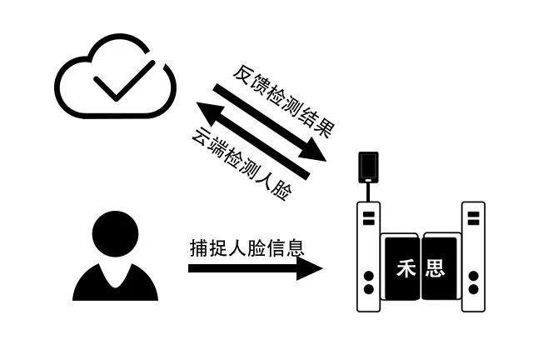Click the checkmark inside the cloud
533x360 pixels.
pos(124,81)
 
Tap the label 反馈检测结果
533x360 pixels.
pos(284,101)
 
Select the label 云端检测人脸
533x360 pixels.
pos(242,164)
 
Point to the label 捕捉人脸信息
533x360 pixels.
pos(247,247)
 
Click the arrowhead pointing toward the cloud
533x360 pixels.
pos(210,113)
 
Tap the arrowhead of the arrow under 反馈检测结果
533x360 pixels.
pos(312,149)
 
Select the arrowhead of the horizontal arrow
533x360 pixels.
pos(309,268)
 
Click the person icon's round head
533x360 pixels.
pos(115,234)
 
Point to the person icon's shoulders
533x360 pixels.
pos(115,282)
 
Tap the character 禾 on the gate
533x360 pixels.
pos(406,268)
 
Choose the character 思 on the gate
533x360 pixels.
pos(435,268)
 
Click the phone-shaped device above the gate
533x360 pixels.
pos(368,167)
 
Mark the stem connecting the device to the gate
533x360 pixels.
pos(368,192)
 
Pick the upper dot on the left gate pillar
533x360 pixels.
pos(368,276)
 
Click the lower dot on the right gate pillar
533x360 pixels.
pos(473,289)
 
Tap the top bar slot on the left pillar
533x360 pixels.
pos(368,214)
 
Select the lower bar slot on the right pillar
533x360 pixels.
pos(473,222)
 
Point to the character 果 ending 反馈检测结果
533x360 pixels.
pos(326,128)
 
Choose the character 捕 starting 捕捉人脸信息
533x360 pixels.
pos(198,247)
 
